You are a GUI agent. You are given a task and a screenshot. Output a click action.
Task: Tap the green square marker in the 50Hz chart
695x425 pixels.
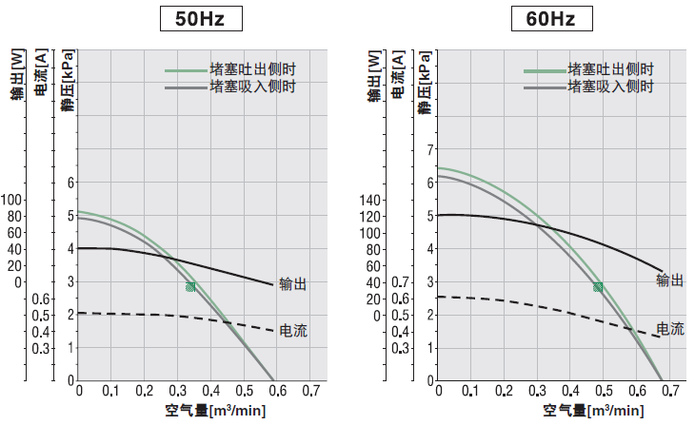[191, 286]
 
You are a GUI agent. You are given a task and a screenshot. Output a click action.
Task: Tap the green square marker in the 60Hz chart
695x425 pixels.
[598, 286]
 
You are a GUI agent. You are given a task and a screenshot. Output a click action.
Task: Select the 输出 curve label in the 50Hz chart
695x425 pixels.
[293, 283]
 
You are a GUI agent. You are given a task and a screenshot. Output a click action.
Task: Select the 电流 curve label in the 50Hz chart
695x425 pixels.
[293, 331]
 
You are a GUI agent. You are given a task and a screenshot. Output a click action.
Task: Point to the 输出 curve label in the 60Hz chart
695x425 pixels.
[670, 280]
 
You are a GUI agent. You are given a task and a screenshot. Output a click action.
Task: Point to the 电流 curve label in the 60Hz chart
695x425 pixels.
[670, 329]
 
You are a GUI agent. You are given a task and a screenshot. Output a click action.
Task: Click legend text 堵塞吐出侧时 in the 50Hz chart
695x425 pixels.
[252, 69]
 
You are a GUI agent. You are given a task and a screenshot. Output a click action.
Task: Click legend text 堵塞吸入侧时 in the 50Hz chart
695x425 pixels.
[252, 87]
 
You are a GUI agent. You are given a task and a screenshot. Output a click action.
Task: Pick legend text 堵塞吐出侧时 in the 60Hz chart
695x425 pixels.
[610, 69]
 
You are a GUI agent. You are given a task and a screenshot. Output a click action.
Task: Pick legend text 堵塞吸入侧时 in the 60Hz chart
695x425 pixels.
[610, 87]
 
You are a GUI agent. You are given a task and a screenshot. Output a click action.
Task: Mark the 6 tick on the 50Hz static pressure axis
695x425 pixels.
[69, 183]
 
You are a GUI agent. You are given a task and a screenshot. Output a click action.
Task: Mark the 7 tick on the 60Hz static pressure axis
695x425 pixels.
[429, 149]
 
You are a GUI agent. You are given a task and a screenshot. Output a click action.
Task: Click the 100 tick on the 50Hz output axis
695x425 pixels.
[11, 200]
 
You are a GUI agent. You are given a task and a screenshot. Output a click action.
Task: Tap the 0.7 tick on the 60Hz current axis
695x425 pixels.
[401, 282]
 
